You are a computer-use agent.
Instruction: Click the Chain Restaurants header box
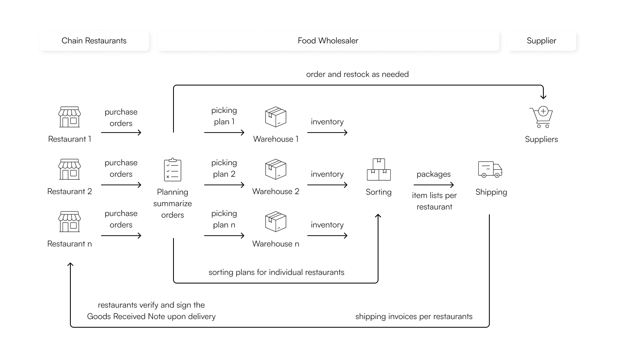(94, 41)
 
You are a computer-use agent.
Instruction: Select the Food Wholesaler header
(328, 41)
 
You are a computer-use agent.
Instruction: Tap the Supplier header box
(542, 41)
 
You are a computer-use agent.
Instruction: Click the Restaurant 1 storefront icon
(70, 117)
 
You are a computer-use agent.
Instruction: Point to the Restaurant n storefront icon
(70, 221)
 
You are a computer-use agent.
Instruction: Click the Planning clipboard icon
(173, 170)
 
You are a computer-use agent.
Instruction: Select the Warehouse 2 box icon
(276, 169)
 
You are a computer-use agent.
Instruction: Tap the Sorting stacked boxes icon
(379, 169)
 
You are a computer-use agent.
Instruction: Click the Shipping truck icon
(490, 169)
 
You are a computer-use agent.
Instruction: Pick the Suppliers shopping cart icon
(541, 117)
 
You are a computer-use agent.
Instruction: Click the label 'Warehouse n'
(276, 244)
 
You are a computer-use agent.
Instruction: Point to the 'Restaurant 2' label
(70, 191)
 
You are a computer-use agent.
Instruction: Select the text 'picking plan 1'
(224, 116)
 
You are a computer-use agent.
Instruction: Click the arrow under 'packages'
(434, 185)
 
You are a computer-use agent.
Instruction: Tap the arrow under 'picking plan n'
(224, 236)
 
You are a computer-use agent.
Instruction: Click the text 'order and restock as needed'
(358, 74)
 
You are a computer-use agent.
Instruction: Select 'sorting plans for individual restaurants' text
(277, 272)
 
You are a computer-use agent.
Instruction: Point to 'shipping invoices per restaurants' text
(414, 317)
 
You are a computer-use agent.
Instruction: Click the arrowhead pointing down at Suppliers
(543, 97)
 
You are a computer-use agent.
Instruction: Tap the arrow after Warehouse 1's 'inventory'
(327, 133)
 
